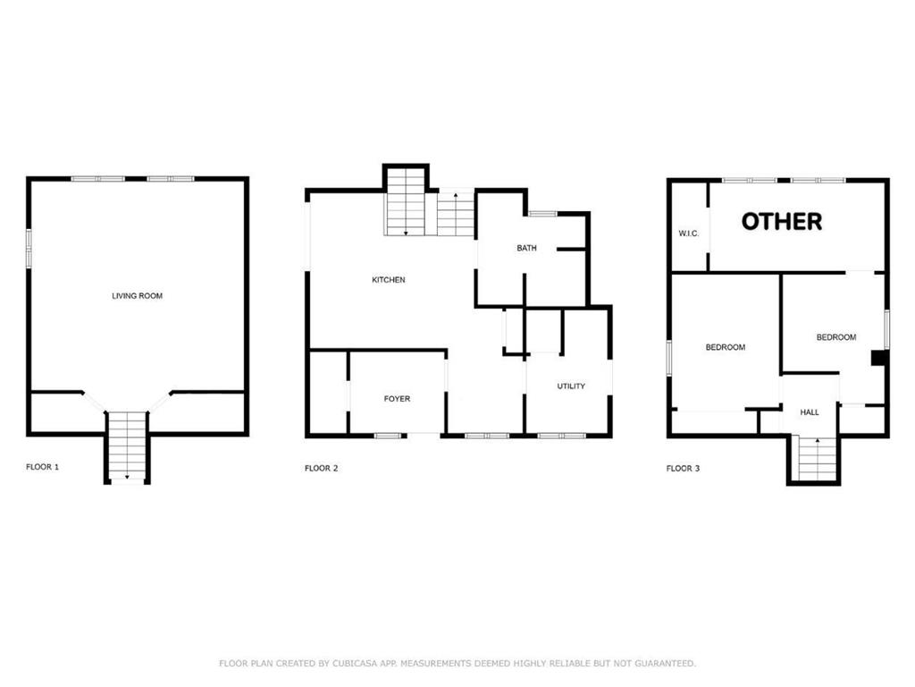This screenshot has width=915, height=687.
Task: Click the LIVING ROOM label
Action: (137, 296)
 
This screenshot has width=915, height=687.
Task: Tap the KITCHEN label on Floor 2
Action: (388, 280)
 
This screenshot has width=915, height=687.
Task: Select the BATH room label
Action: (526, 248)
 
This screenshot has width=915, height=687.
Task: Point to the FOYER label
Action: (397, 399)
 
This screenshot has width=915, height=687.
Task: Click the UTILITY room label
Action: (571, 386)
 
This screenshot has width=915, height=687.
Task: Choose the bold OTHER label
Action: (782, 221)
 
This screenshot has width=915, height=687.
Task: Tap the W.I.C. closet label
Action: (688, 234)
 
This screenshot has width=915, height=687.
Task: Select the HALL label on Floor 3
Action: (810, 412)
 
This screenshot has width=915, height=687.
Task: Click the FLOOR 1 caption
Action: (42, 467)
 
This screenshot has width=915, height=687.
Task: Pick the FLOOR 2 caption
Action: (321, 468)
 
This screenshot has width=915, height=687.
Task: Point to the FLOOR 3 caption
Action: (683, 468)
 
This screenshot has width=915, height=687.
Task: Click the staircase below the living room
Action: (127, 446)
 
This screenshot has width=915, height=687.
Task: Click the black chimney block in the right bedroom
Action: (879, 358)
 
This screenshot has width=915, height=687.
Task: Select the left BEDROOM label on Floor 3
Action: (725, 347)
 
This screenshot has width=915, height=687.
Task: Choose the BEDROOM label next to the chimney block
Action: (835, 337)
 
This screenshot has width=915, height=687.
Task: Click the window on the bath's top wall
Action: (542, 213)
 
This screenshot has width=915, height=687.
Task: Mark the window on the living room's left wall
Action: (29, 248)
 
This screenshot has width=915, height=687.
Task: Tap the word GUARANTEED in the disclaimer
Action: (661, 664)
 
